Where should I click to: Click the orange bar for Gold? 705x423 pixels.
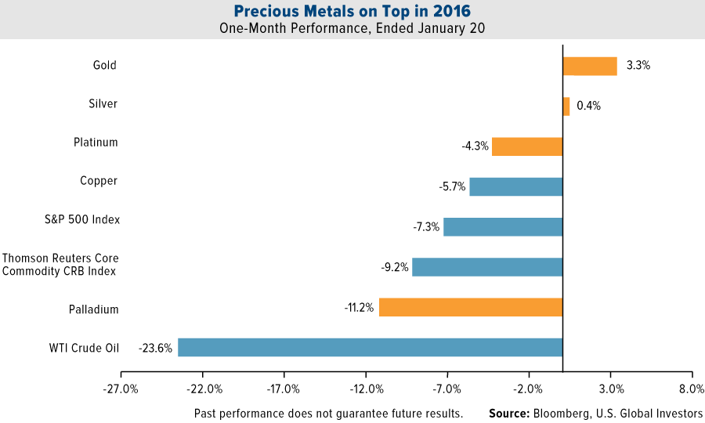point(590,66)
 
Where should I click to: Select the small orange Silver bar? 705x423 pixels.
point(566,106)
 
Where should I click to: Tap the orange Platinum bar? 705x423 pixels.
point(527,146)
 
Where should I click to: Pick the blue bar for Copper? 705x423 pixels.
point(516,186)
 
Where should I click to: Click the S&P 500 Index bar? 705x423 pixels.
point(503,227)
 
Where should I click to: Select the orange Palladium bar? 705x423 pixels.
point(471,307)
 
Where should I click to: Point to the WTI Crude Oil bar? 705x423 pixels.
point(371,347)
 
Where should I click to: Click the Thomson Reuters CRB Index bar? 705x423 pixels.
point(487,267)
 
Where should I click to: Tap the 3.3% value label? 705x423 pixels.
point(638,66)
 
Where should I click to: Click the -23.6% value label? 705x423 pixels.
point(155,347)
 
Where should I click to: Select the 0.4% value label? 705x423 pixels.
point(588,106)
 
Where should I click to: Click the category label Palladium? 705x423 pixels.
point(93,309)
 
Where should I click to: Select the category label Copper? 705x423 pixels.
point(99,181)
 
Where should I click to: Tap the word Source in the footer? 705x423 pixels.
point(508,413)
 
